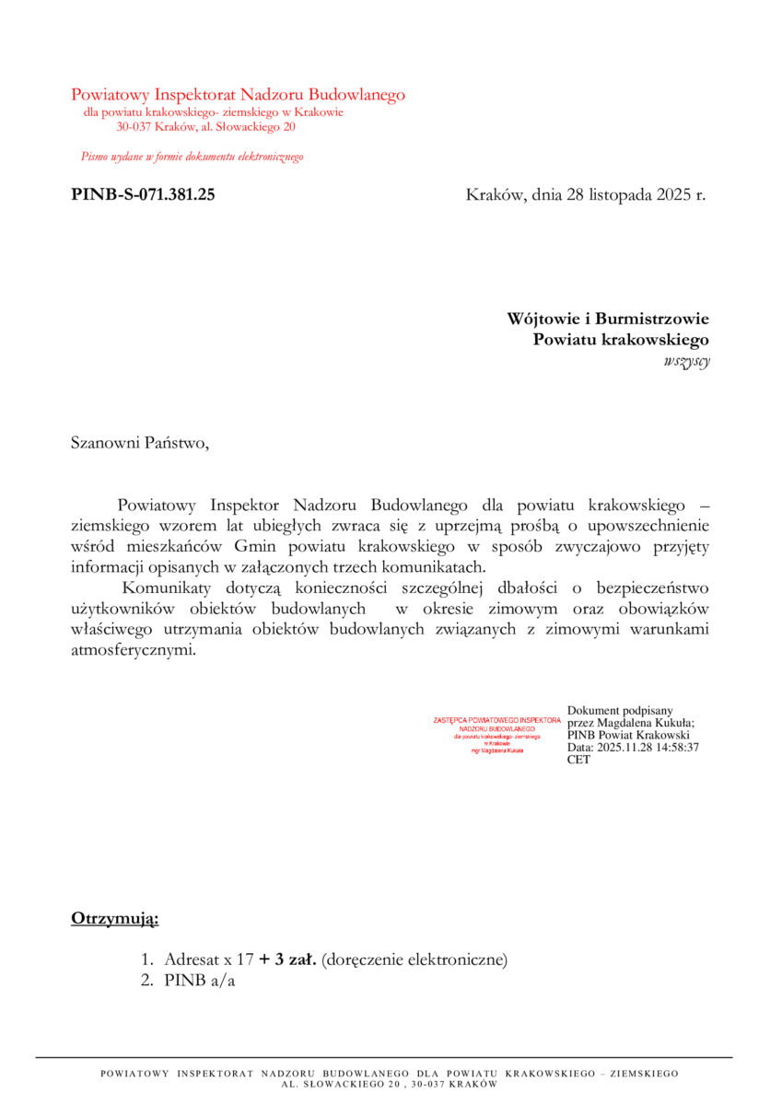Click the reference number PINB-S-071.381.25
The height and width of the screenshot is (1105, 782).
(143, 194)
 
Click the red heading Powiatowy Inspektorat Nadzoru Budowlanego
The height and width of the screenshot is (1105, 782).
(238, 94)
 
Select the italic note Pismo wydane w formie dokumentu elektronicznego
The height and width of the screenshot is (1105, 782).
(192, 157)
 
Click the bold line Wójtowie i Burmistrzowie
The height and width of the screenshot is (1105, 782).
(608, 319)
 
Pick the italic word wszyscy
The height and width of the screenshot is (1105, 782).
(686, 361)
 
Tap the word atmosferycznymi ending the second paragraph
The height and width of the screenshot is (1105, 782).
(133, 649)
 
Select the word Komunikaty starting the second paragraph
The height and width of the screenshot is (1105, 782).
(167, 587)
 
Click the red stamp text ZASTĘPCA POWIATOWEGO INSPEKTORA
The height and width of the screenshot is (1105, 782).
(496, 719)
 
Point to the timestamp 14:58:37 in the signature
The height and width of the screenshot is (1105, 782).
(674, 748)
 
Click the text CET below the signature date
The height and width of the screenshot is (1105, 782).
(578, 760)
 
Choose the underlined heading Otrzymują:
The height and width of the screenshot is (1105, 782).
(114, 918)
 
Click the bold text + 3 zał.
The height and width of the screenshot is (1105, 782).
(288, 960)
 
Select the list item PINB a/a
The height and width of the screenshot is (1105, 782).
(200, 981)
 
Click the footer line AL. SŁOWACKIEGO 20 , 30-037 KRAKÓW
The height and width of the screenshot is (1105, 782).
(390, 1084)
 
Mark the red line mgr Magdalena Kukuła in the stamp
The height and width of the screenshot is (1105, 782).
(496, 750)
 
